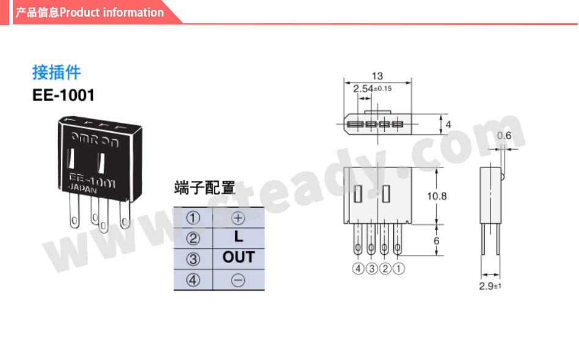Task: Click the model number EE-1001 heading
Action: [x=63, y=95]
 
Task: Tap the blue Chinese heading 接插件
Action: [x=57, y=72]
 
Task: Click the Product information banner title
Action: [x=89, y=12]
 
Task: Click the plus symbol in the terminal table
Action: [x=238, y=218]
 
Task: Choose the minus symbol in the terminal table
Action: [x=238, y=280]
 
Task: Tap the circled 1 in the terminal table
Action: [x=193, y=218]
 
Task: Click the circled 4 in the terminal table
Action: [x=193, y=280]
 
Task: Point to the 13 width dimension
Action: [x=377, y=76]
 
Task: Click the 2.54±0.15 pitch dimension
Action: [x=372, y=89]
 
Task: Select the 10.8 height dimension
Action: [x=437, y=196]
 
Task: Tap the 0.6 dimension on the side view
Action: [x=504, y=136]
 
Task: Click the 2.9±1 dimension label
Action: [x=490, y=286]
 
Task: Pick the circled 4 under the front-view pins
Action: [x=358, y=269]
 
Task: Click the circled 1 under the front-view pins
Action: [x=399, y=269]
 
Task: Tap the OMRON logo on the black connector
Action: [x=95, y=139]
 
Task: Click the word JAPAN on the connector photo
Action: [x=82, y=188]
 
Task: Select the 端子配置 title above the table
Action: [x=205, y=188]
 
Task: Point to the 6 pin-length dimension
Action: [x=437, y=241]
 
